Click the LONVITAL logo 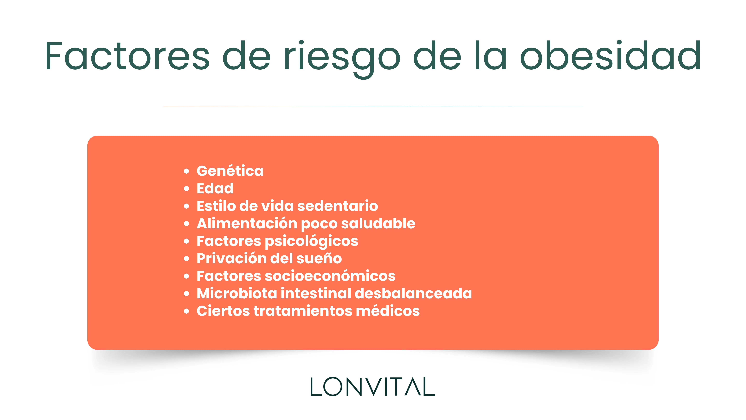coord(373,387)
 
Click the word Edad coord(215,188)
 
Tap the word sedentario coord(338,206)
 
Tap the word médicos coord(388,311)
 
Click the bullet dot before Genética coord(187,171)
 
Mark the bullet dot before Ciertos coord(187,311)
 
